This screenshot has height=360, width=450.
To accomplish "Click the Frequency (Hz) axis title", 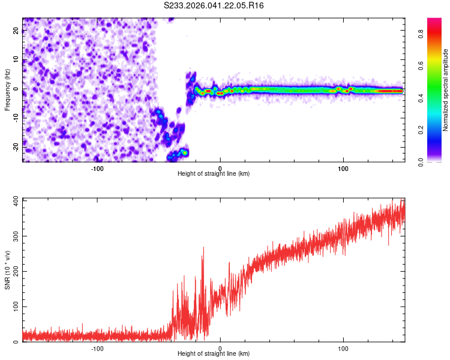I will pos(7,89).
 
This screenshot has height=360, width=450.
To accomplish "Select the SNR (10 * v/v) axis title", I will pos(7,269).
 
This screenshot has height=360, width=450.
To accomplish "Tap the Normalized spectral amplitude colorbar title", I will pos(446,89).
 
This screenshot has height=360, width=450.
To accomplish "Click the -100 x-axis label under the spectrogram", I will pos(97,167).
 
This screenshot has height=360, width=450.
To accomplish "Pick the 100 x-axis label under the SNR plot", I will pos(343,347).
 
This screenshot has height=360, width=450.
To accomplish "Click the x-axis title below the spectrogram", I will pos(214,174).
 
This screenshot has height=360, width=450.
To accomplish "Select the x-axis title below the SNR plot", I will pos(214,354).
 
